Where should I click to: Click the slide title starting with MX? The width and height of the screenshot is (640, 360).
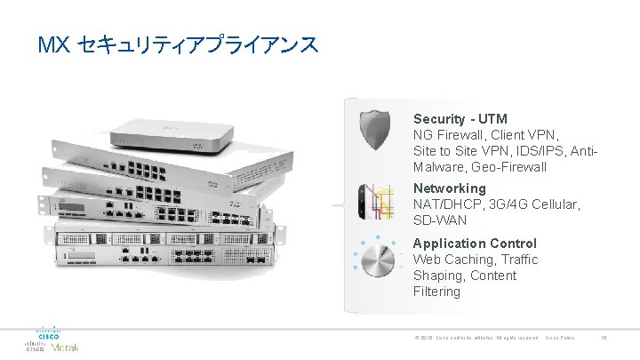[x=178, y=44]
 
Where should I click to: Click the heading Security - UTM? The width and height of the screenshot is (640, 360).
[x=460, y=119]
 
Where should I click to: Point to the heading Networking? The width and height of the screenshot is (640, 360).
[x=450, y=188]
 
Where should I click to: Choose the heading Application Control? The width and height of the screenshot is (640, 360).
[x=475, y=244]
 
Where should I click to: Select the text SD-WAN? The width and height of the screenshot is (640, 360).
[x=440, y=220]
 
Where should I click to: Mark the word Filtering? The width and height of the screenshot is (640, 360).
[x=436, y=292]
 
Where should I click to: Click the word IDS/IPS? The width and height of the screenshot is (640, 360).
[x=540, y=151]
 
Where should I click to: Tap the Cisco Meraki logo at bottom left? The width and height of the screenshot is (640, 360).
[x=52, y=340]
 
